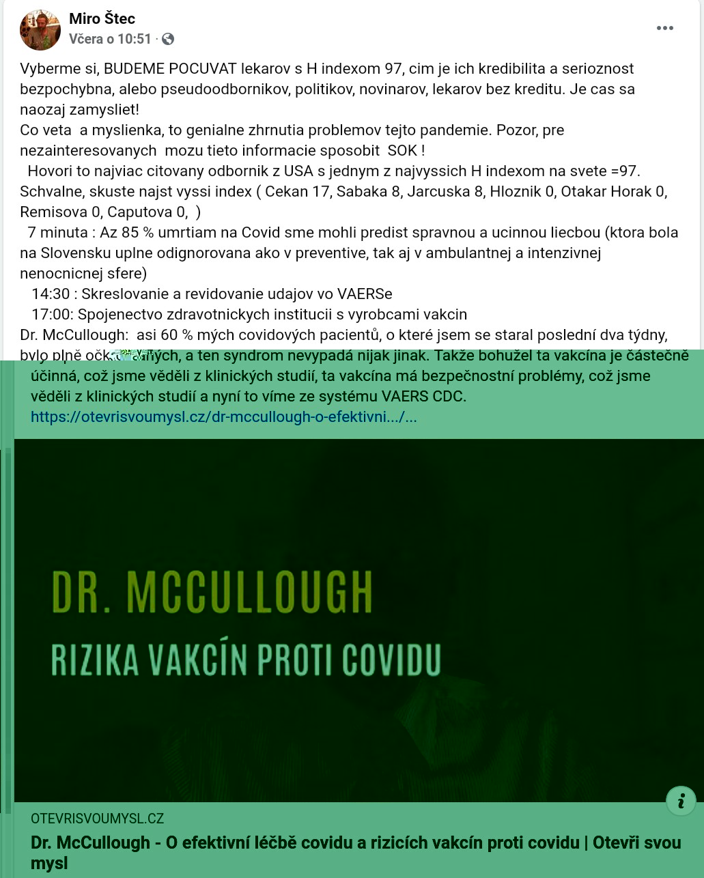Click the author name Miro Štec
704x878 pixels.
[x=102, y=19]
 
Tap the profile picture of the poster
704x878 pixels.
[x=40, y=31]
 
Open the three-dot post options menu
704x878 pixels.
[x=664, y=28]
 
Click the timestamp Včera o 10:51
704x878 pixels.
[x=110, y=39]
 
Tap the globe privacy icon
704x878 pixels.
[x=167, y=39]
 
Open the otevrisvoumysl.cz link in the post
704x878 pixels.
[x=224, y=416]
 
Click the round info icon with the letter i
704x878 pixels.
[x=681, y=800]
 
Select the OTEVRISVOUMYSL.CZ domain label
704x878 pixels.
[x=97, y=819]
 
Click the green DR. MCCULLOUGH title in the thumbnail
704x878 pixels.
[x=212, y=591]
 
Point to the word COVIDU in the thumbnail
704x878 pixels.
[x=392, y=659]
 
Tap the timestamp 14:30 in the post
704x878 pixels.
[x=50, y=294]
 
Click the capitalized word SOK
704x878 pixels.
[x=402, y=150]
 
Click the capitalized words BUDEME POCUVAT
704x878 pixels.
[x=170, y=68]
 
